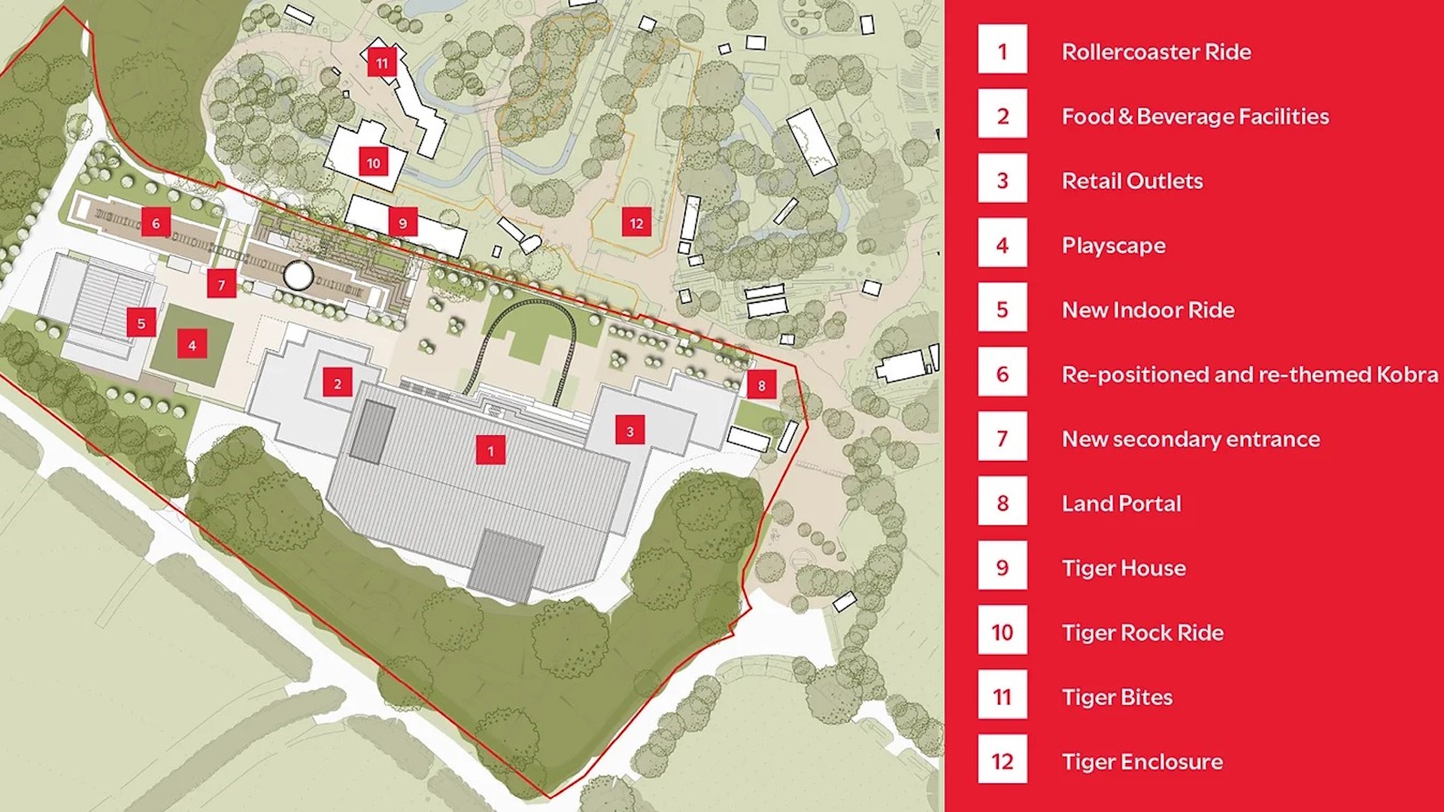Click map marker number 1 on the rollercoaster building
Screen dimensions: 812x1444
(490, 450)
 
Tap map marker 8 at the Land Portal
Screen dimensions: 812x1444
(761, 385)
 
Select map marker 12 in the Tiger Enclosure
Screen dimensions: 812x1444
(636, 223)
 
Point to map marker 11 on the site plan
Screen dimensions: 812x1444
(382, 62)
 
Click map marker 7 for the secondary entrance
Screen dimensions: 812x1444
(221, 284)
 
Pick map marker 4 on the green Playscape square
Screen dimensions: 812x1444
(192, 345)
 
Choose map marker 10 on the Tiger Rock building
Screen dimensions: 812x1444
(374, 162)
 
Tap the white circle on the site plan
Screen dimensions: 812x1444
(299, 276)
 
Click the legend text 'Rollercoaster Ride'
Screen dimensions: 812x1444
(1156, 51)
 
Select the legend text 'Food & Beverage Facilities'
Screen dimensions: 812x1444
(1195, 116)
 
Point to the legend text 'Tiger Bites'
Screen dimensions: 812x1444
(1117, 697)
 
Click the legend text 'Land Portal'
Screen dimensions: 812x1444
(1121, 503)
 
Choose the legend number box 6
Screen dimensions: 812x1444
(1002, 374)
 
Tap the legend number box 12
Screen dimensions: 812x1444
(1002, 761)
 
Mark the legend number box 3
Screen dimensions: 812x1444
(1002, 180)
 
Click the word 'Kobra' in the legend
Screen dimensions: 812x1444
(1406, 374)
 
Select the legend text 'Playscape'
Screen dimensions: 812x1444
(1113, 245)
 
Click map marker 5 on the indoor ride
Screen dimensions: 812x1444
(141, 323)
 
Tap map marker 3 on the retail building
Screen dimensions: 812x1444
(629, 431)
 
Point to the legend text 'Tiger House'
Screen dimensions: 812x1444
(1124, 568)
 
